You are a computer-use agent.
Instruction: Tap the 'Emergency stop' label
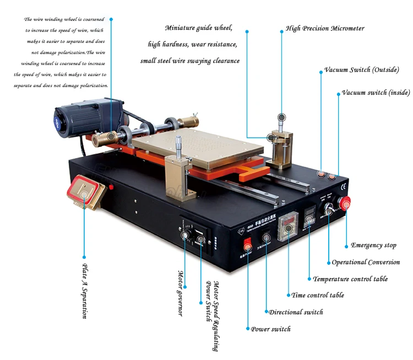coord(373,246)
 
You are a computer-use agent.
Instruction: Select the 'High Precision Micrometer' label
coord(325,29)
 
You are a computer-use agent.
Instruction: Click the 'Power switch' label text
coord(271,329)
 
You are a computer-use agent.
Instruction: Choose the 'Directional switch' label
coord(296,312)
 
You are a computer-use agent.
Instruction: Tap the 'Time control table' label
coord(318,295)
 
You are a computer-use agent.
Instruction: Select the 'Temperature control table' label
coord(350,279)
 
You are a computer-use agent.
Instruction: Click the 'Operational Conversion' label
coord(366,262)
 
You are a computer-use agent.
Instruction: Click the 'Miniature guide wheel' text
coord(199,28)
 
